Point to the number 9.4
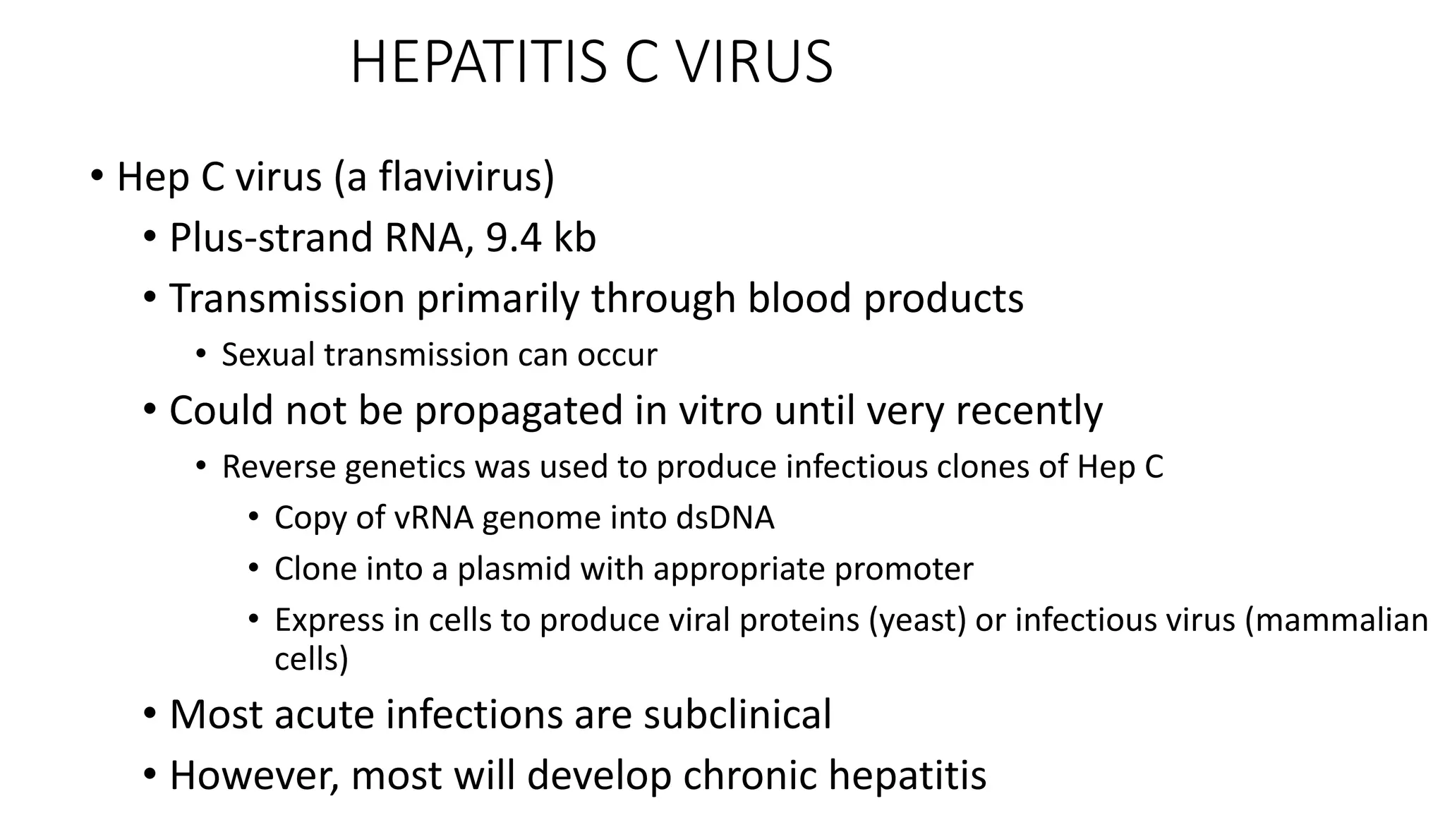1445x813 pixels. coord(513,237)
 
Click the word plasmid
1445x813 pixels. coord(514,569)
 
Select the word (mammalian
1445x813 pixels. coord(1336,620)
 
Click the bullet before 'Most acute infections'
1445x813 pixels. coord(149,714)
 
